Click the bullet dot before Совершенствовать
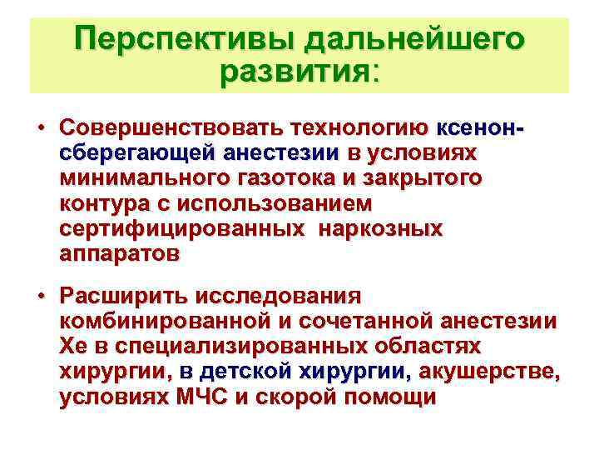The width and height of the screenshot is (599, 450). point(41,129)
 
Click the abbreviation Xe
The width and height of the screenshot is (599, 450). point(73,346)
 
